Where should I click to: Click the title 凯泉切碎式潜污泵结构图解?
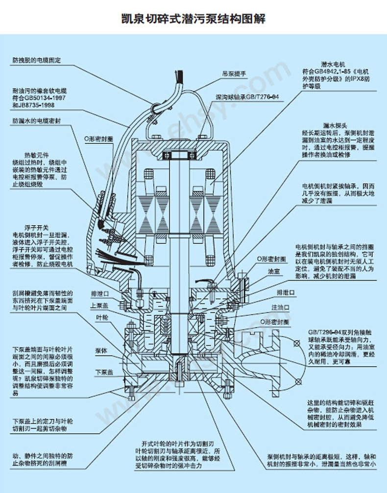tap(193, 19)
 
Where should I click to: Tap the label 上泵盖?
tap(100, 304)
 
